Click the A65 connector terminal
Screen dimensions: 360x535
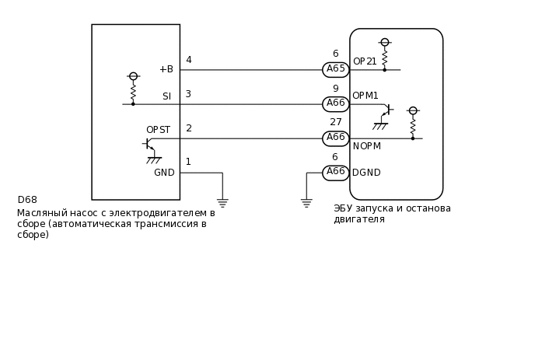(336, 70)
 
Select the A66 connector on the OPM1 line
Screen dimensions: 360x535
(336, 104)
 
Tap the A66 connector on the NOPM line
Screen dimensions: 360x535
(336, 138)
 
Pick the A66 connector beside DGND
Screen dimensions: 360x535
(336, 173)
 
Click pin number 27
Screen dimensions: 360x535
(336, 122)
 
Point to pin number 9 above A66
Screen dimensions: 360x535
(335, 89)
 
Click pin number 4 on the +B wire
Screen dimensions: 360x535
(188, 60)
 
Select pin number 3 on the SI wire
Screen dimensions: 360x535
(188, 94)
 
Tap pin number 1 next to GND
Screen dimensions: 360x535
(188, 162)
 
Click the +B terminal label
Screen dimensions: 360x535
(166, 69)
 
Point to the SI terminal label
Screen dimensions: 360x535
(166, 96)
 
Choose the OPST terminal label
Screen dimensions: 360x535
(158, 130)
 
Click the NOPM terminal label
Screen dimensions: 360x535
(367, 146)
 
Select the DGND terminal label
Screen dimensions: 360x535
(366, 173)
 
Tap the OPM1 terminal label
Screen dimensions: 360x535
(365, 96)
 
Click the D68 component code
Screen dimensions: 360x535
(27, 200)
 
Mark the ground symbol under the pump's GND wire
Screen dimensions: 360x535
(222, 203)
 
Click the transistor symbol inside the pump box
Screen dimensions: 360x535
(149, 145)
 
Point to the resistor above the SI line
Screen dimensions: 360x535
(133, 92)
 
